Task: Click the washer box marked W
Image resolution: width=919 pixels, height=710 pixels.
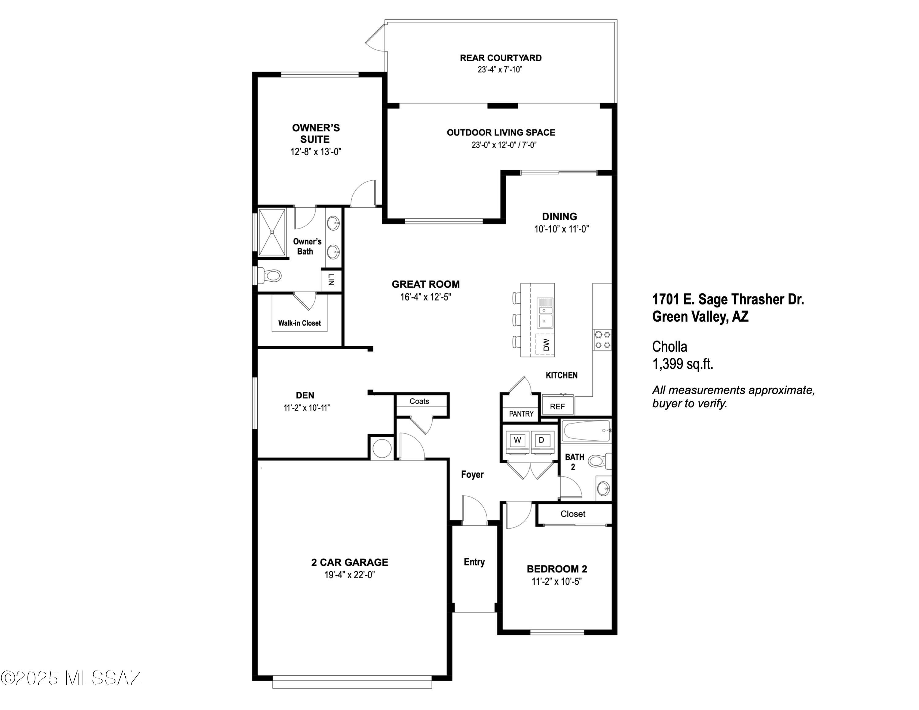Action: click(517, 440)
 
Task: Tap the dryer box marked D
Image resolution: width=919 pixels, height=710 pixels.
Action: click(542, 440)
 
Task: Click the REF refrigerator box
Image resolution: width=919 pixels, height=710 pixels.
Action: click(557, 406)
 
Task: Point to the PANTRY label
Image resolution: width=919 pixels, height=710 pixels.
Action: click(521, 414)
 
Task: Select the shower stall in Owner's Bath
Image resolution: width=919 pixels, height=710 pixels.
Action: click(272, 232)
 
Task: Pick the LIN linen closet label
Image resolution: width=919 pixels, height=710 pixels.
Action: click(331, 280)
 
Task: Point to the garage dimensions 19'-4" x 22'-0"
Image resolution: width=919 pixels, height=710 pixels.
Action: click(349, 575)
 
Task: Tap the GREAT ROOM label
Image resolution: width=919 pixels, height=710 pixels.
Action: click(425, 284)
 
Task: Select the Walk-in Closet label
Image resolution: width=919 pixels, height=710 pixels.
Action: click(299, 323)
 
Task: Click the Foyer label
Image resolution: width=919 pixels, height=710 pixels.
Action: click(472, 474)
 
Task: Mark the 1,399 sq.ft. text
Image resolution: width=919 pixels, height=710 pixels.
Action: click(683, 364)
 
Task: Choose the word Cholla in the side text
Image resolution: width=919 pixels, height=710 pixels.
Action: click(669, 347)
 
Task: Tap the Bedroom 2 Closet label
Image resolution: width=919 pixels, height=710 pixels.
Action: click(573, 514)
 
